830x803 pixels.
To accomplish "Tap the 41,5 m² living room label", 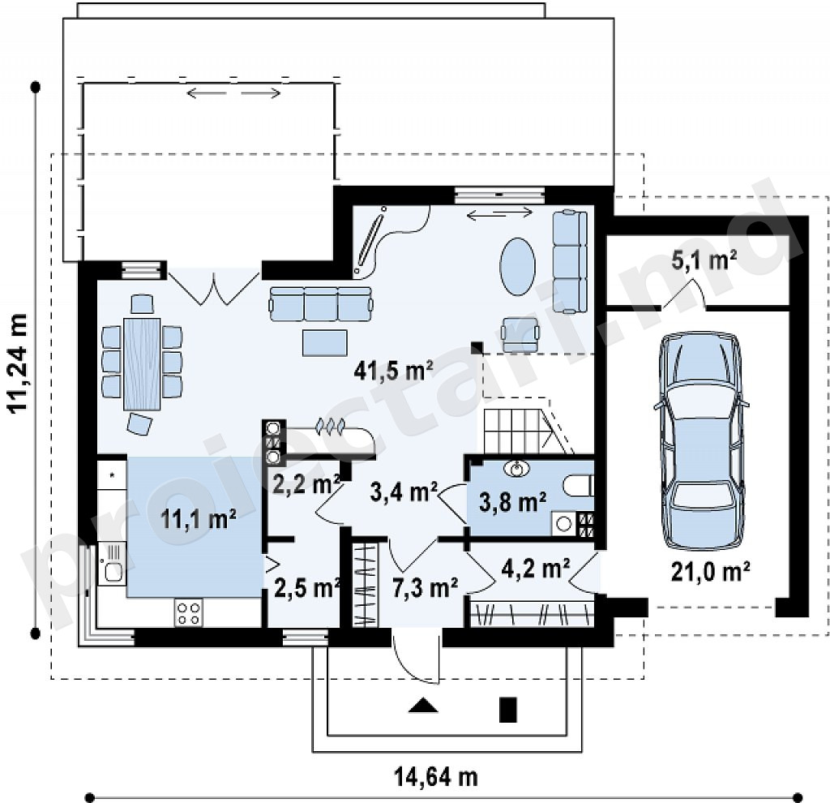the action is click(x=394, y=370).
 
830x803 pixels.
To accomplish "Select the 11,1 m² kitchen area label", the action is click(x=198, y=518).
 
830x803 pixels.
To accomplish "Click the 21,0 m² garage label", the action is click(x=710, y=572).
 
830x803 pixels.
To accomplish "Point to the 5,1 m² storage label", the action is click(x=704, y=260).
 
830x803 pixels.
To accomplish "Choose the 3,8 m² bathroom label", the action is click(x=513, y=501).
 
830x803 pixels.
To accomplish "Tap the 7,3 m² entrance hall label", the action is click(x=426, y=587).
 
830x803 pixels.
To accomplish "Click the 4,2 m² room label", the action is click(x=536, y=568).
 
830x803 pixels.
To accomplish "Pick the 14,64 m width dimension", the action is click(x=436, y=777).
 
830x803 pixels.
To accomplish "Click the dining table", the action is click(x=142, y=363).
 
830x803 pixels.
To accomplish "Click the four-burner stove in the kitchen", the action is click(x=189, y=612).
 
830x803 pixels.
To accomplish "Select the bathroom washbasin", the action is click(x=517, y=469).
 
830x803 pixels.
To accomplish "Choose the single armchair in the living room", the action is click(x=521, y=334).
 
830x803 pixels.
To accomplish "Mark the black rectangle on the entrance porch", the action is click(x=508, y=710).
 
